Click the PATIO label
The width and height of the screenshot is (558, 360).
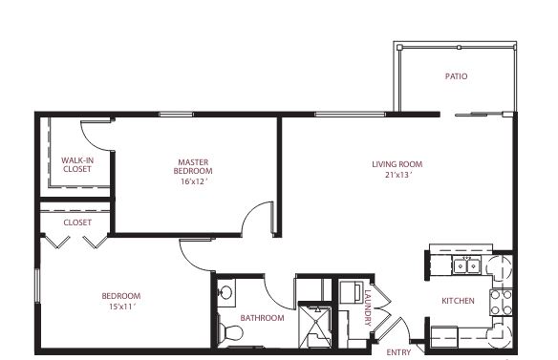click(x=456, y=76)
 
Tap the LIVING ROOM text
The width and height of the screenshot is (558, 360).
click(x=397, y=164)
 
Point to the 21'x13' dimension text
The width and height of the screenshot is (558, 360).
click(x=398, y=175)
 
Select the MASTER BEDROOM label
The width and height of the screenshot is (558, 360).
click(x=193, y=166)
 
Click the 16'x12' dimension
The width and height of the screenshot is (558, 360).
click(x=194, y=181)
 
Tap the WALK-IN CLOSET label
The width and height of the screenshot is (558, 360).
click(x=77, y=164)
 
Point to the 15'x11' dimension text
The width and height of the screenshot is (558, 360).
click(x=122, y=307)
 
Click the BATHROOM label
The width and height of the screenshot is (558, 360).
click(x=262, y=318)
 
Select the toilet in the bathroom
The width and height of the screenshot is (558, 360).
click(x=230, y=333)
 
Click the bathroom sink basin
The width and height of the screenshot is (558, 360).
click(x=225, y=293)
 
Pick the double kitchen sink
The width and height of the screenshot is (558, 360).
click(x=466, y=265)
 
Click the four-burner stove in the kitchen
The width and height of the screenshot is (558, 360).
click(x=501, y=302)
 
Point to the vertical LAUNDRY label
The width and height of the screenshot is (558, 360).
click(x=368, y=308)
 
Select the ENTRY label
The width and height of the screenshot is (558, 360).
click(x=398, y=352)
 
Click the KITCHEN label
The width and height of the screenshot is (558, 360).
click(x=458, y=301)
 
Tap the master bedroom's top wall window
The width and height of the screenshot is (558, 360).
click(x=176, y=115)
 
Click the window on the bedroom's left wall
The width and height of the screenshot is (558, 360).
click(x=36, y=286)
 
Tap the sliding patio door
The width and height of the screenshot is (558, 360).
click(x=481, y=115)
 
